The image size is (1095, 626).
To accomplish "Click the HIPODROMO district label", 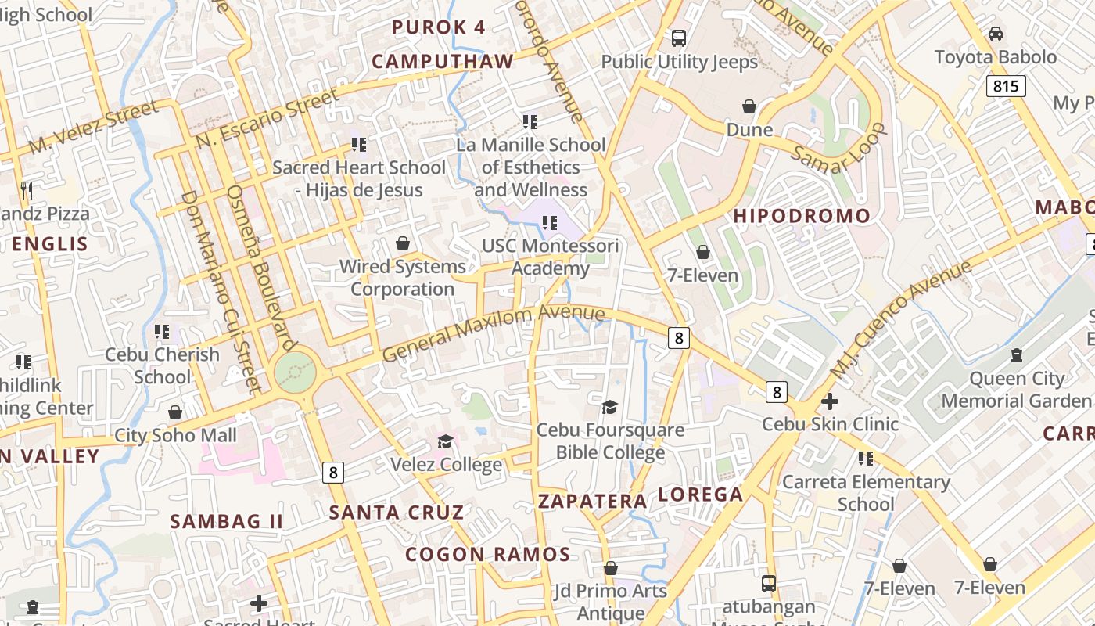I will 802,216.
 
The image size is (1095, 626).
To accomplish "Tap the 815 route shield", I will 1005,85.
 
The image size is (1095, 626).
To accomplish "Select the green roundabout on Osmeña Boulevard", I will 295,372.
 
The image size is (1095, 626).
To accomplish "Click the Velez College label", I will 447,465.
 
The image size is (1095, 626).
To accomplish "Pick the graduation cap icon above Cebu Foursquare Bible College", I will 609,407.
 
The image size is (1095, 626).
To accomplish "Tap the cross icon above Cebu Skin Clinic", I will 830,402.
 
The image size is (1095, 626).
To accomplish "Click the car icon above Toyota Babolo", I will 996,34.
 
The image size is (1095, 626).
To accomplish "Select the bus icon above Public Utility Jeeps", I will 679,38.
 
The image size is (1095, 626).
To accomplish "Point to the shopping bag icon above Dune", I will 749,106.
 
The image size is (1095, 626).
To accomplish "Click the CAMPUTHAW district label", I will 443,62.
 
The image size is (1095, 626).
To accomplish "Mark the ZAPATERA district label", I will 593,501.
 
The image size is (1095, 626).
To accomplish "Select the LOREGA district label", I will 700,495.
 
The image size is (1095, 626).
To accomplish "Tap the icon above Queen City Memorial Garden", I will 1017,355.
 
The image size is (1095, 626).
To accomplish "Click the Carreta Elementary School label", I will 866,493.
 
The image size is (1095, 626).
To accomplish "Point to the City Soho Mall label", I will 175,435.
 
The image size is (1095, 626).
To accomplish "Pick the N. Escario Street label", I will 268,118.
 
